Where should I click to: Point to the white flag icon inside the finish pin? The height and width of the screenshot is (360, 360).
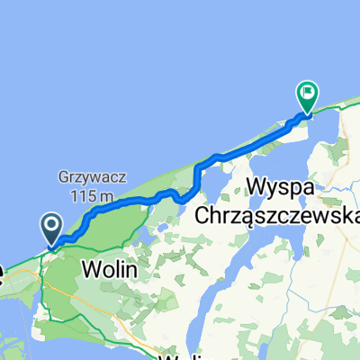(309, 91)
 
